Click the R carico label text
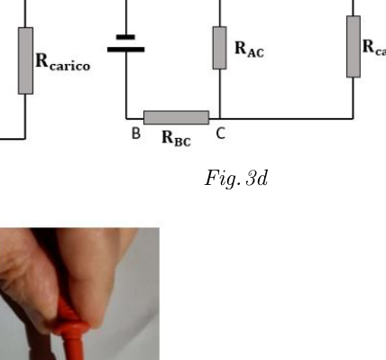(63, 61)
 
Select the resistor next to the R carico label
(25, 60)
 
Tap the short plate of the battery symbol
(125, 37)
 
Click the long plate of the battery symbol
(126, 50)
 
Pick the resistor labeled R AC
(220, 48)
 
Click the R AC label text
(249, 49)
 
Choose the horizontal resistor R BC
(177, 117)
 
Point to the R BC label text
(176, 138)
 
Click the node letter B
(136, 134)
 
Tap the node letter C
(221, 134)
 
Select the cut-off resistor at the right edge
(354, 47)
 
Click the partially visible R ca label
(374, 47)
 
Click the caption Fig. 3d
(236, 179)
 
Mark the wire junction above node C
(220, 119)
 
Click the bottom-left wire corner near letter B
(126, 119)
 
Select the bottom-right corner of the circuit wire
(354, 119)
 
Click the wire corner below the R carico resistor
(25, 139)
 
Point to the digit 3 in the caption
(251, 178)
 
